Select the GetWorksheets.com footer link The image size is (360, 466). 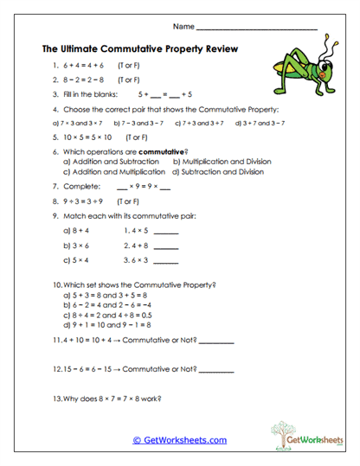click(x=179, y=440)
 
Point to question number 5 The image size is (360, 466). click(x=54, y=137)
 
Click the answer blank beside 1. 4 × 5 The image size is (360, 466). click(x=164, y=233)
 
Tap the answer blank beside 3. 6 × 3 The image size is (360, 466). click(x=164, y=260)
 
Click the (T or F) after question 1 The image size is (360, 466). click(x=132, y=66)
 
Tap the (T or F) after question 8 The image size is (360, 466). click(x=129, y=201)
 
